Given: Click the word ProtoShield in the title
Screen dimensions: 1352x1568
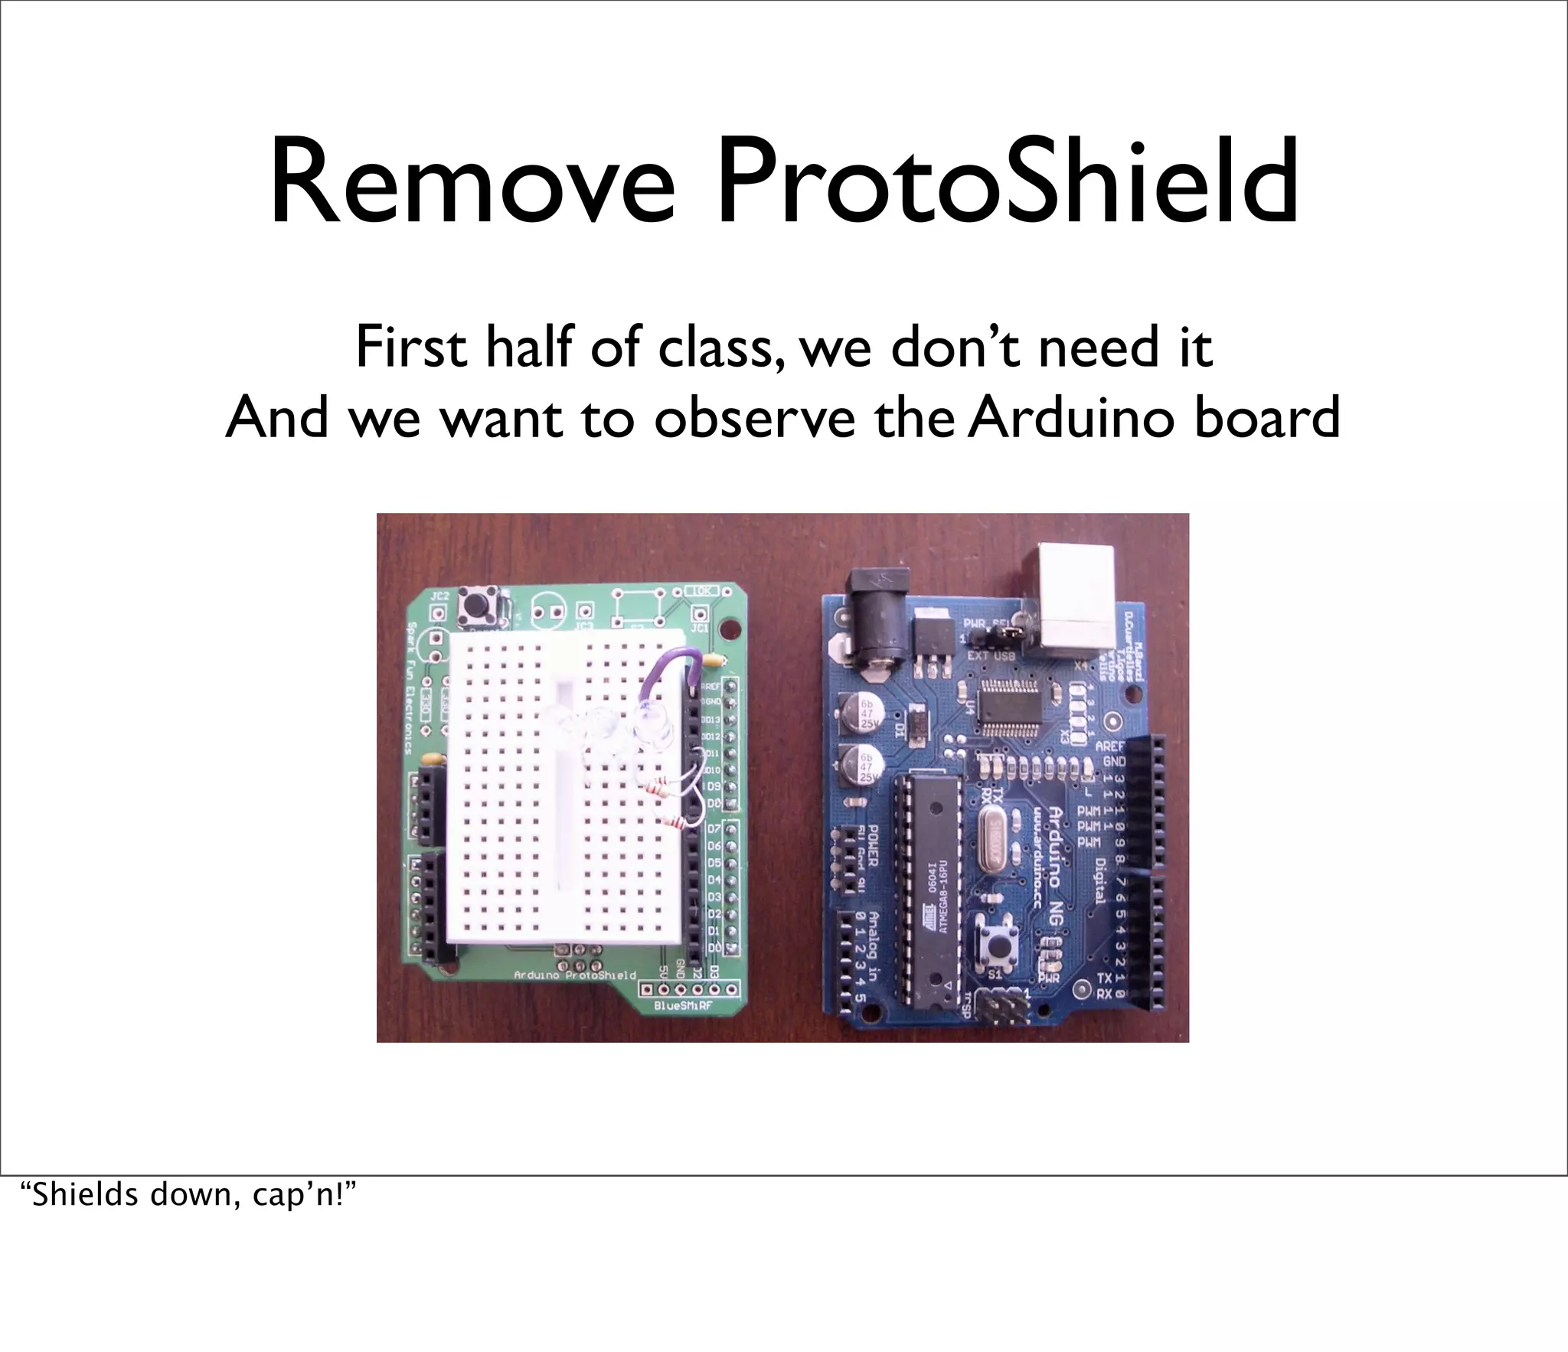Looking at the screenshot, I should (x=1008, y=184).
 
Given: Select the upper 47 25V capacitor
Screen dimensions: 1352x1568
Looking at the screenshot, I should (x=861, y=713).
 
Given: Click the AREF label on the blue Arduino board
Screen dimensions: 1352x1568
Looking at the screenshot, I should (x=1111, y=745).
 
